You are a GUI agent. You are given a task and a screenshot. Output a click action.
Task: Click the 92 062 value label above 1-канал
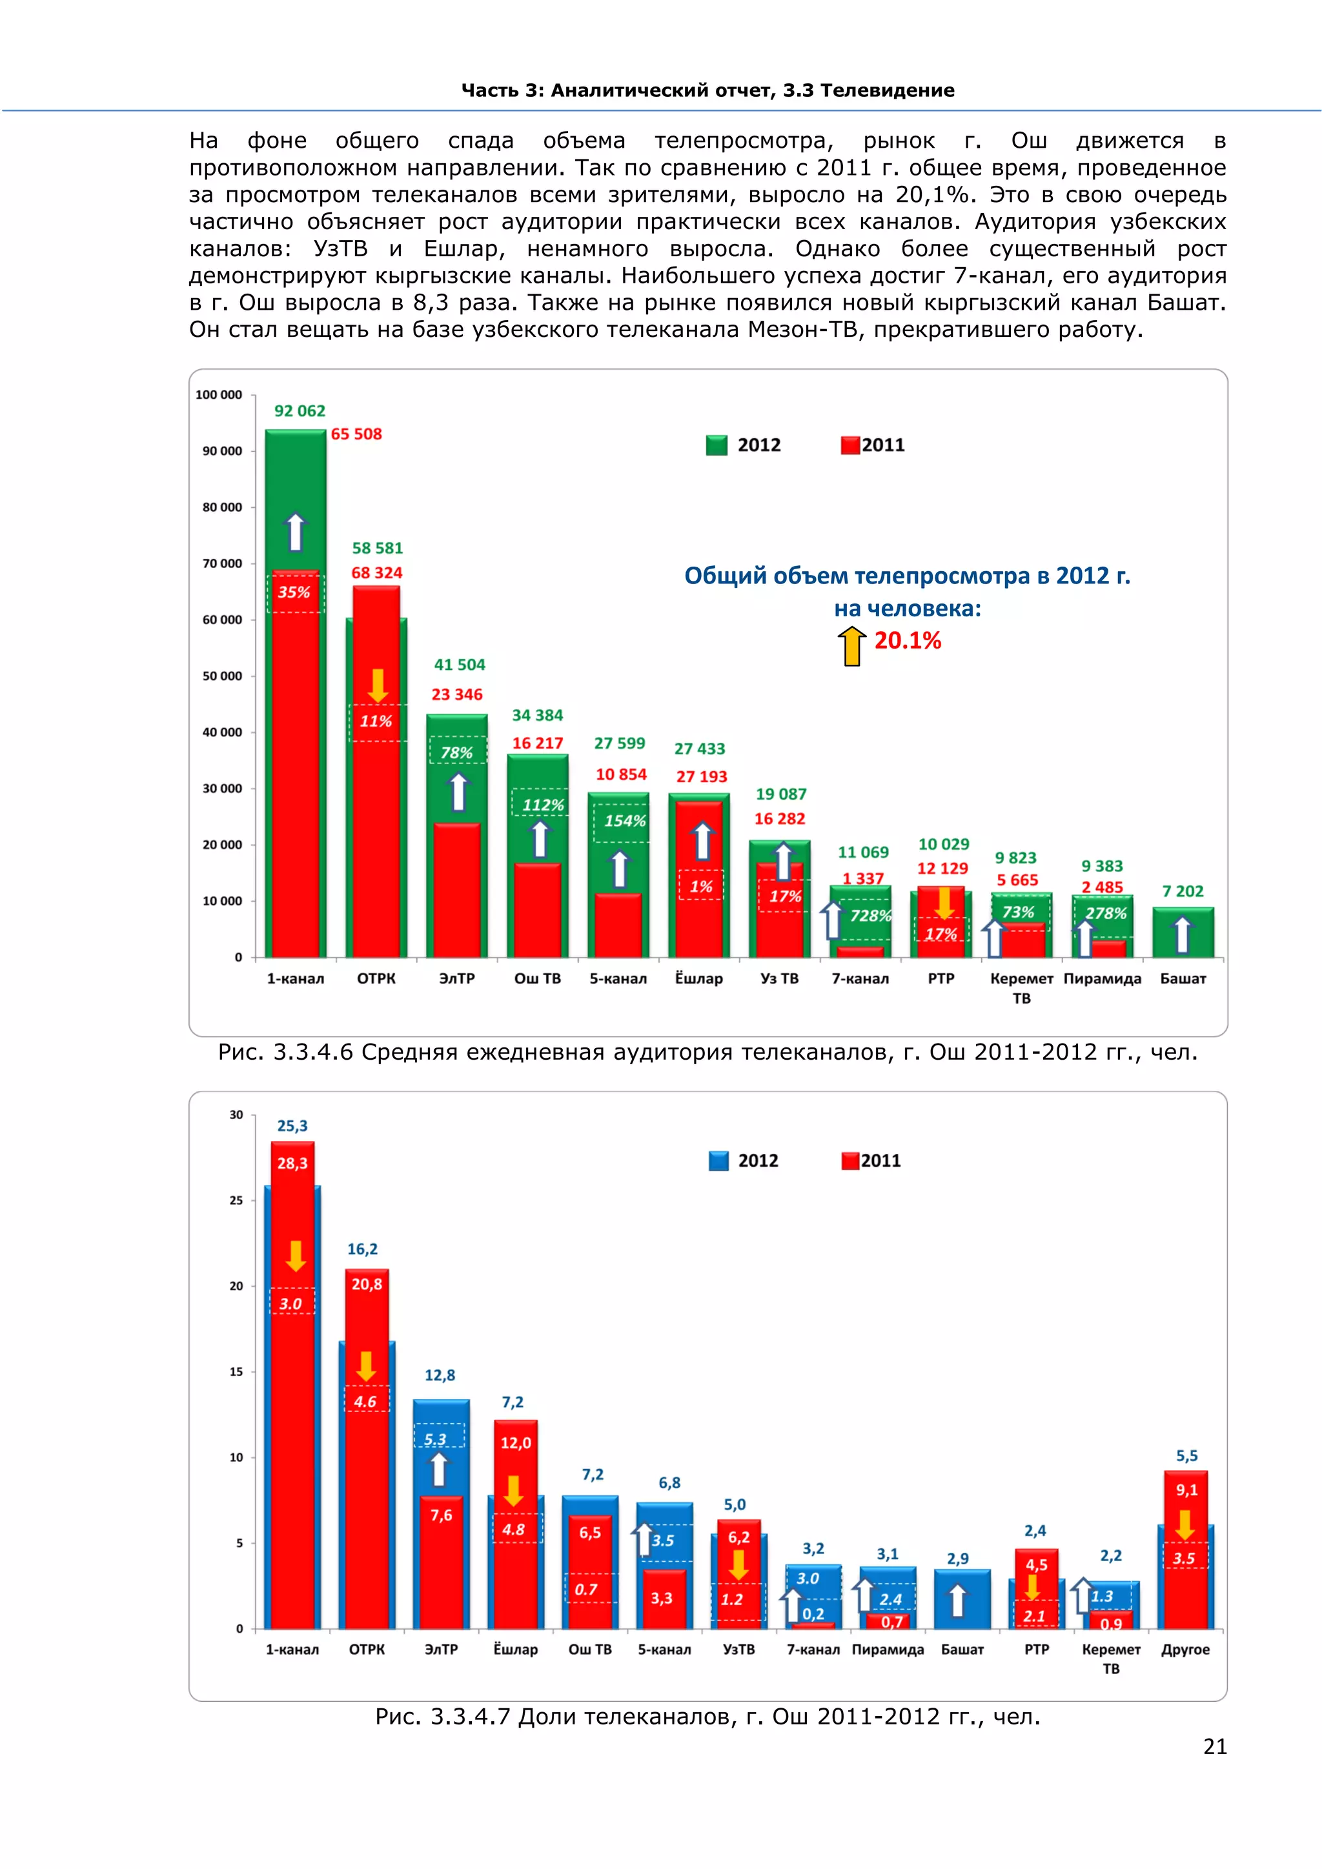click(x=300, y=411)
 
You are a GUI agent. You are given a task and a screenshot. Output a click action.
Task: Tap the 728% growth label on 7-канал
click(x=870, y=916)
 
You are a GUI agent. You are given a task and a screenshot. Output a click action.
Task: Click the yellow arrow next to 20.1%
click(x=852, y=645)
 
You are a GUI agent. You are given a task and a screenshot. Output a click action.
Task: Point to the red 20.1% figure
click(x=908, y=641)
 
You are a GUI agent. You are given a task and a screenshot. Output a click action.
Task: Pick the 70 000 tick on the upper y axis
click(x=222, y=563)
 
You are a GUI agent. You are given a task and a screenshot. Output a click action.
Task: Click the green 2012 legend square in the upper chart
click(x=717, y=445)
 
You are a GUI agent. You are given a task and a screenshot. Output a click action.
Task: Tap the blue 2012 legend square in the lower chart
click(x=719, y=1161)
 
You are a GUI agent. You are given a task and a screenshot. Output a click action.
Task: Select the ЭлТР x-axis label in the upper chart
click(x=456, y=978)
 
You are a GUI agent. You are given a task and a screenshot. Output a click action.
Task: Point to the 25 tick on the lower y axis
click(x=236, y=1200)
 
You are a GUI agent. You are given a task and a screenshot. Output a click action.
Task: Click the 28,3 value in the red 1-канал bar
click(x=292, y=1163)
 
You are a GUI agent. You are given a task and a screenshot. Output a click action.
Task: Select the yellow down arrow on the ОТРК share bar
click(x=366, y=1366)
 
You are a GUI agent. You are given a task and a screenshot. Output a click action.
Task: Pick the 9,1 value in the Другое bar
click(x=1186, y=1490)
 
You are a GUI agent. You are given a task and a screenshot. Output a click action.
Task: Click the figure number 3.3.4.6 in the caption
click(x=312, y=1053)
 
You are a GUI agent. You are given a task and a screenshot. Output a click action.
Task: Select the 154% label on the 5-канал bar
click(x=624, y=820)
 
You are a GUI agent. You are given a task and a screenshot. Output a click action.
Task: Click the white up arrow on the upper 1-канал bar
click(x=296, y=532)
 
